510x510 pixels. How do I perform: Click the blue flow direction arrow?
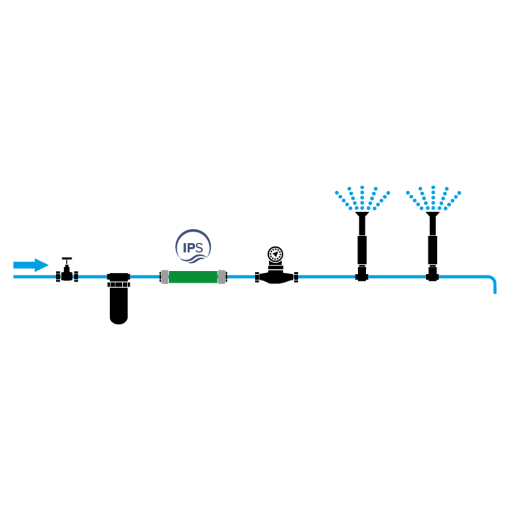[x=31, y=265]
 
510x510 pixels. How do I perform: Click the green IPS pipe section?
[x=193, y=277]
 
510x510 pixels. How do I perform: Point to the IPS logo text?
[x=193, y=248]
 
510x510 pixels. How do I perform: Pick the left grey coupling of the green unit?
[x=165, y=277]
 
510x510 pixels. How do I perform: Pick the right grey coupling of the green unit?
[x=222, y=277]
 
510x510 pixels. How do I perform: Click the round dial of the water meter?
[x=275, y=253]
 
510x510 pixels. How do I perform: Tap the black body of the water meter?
[x=276, y=277]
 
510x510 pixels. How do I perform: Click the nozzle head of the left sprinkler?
[x=362, y=215]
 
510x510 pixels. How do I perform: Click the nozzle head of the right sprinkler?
[x=432, y=215]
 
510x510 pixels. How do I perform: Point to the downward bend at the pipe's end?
[x=492, y=282]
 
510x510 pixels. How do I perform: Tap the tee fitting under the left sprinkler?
[x=362, y=276]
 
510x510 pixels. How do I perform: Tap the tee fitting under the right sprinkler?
[x=432, y=276]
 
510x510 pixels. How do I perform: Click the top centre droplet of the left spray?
[x=362, y=187]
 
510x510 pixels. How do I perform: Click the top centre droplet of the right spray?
[x=433, y=187]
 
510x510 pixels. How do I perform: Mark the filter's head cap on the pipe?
[x=119, y=277]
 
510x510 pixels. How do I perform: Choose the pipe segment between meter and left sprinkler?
[x=326, y=277]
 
